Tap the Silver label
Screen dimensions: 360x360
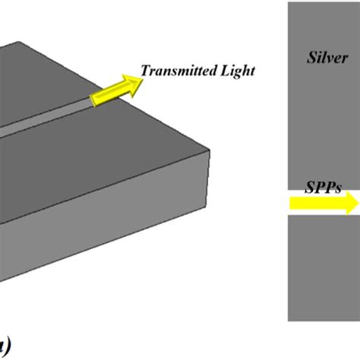coord(326,57)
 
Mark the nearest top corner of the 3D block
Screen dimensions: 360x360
coord(200,150)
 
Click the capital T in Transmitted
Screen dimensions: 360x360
coord(146,71)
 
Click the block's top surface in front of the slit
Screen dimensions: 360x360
coord(114,152)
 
